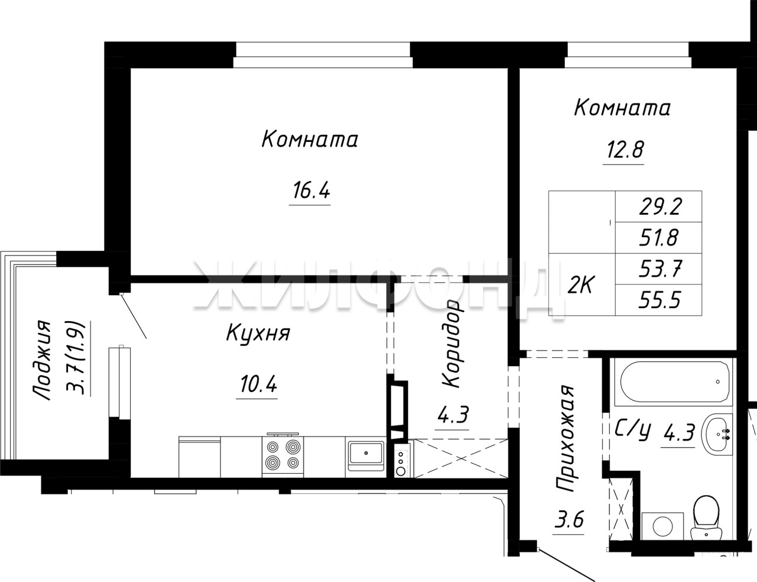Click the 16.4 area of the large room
(311, 190)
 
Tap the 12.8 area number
(625, 150)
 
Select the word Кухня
(258, 334)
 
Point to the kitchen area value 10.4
(258, 384)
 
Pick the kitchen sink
(365, 453)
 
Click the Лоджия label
(41, 360)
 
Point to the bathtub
(675, 382)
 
